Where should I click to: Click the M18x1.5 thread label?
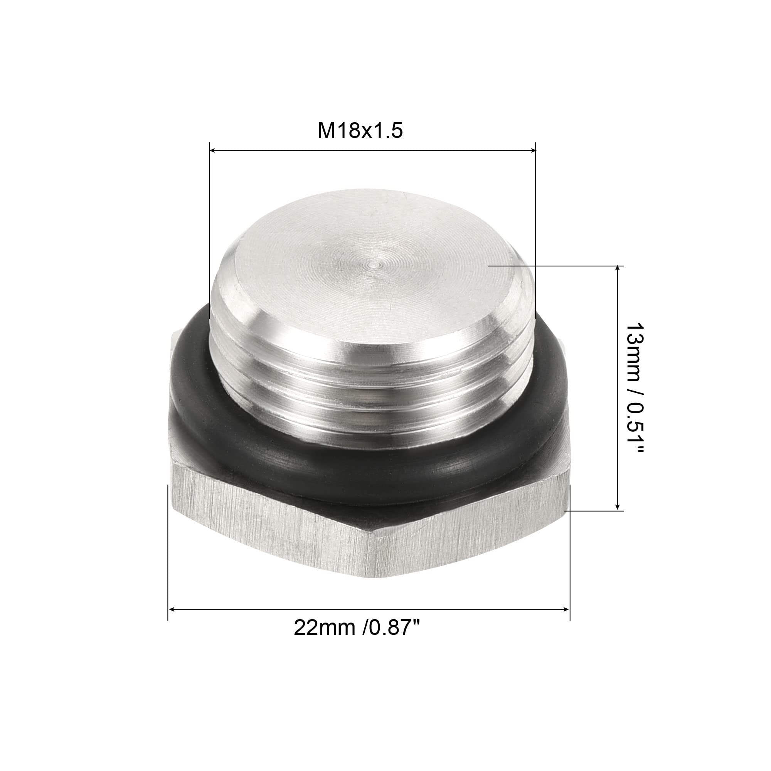(x=360, y=131)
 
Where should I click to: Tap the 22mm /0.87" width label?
(x=358, y=628)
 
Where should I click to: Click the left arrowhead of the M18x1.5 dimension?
(x=213, y=150)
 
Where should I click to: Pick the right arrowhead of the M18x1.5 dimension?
(x=532, y=150)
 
